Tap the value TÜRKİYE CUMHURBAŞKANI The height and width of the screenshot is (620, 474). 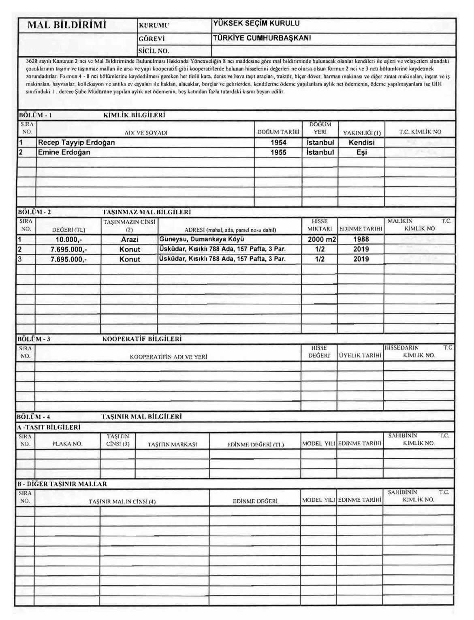[x=262, y=38]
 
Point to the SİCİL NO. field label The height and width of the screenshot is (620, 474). [x=153, y=51]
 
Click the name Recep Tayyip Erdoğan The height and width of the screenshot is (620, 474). [x=76, y=143]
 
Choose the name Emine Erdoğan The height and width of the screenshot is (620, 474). [x=64, y=152]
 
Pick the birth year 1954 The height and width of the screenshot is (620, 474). [x=278, y=143]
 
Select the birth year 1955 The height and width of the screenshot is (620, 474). [x=278, y=152]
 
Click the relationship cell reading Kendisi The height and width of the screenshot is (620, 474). [x=361, y=143]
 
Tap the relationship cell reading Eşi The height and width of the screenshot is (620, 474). [x=361, y=152]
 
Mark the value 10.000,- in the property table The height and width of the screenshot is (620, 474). [x=68, y=239]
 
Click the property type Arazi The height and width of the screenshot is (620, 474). [x=130, y=239]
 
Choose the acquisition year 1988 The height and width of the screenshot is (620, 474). [x=361, y=239]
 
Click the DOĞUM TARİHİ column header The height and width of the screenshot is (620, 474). [x=278, y=132]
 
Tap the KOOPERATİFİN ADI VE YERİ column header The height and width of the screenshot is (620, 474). [x=168, y=357]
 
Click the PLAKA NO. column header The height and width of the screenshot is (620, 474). [x=67, y=444]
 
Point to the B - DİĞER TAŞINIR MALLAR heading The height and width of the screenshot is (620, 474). [x=62, y=484]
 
